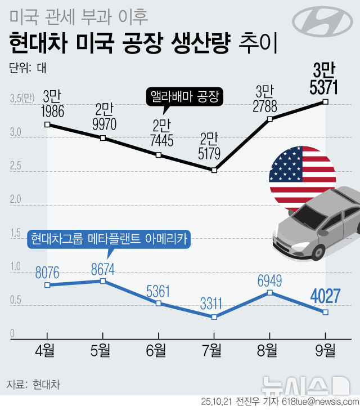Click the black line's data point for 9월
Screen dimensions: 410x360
(x=325, y=102)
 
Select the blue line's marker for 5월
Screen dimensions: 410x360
(x=102, y=280)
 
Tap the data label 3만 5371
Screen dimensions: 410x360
(x=325, y=80)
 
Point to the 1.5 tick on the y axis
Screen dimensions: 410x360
(x=16, y=233)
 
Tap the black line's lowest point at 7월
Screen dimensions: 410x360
(x=214, y=170)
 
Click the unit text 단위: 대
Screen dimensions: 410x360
(x=28, y=69)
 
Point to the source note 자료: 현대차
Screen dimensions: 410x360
(x=33, y=385)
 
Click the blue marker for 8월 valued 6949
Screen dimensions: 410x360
(x=269, y=293)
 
